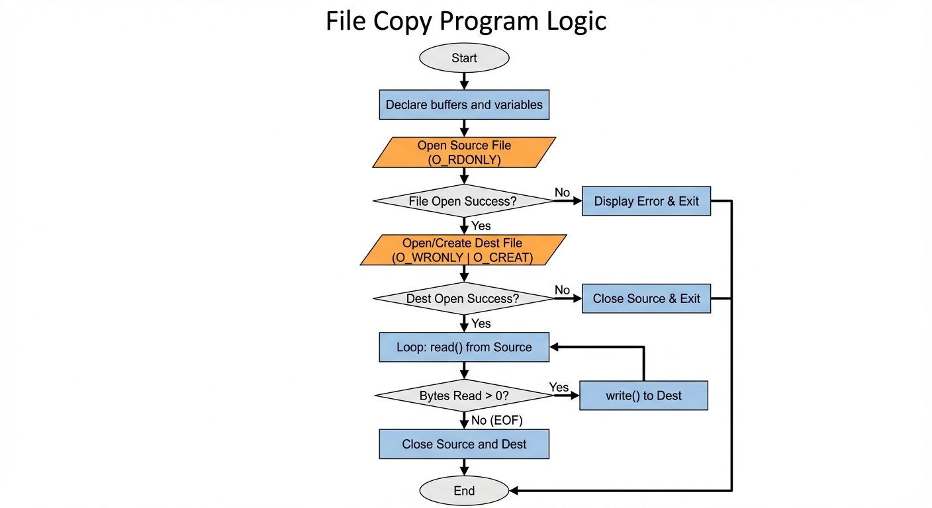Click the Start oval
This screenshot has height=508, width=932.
(464, 58)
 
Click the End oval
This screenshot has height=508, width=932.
(464, 491)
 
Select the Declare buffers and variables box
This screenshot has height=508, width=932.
(464, 105)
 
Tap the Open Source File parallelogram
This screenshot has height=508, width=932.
(464, 152)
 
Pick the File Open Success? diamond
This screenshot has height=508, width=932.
(463, 201)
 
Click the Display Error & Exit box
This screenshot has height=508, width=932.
(646, 201)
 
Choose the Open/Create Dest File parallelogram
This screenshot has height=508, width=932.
(463, 250)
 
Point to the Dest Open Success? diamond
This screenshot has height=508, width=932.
(463, 299)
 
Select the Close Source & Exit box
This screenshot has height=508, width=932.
(646, 299)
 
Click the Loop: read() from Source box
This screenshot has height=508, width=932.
(464, 347)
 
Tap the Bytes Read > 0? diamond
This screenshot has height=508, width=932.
(463, 396)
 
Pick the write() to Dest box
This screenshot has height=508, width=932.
(643, 396)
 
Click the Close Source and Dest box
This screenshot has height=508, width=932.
(464, 444)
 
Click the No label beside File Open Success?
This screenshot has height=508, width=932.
(562, 192)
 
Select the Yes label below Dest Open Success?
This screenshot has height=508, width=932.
(481, 323)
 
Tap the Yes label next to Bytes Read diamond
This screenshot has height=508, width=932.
(559, 387)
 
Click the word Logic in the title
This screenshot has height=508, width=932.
(573, 22)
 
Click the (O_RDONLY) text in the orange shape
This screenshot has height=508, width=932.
(464, 159)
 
